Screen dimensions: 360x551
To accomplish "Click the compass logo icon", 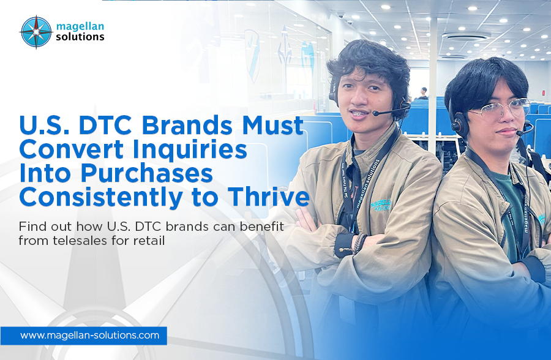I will [x=36, y=32].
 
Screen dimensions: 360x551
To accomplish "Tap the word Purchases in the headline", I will [x=143, y=174].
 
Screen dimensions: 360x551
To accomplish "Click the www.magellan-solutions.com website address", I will [x=89, y=336].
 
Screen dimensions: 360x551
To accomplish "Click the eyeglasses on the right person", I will [x=498, y=109].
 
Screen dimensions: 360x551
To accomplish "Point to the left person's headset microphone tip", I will [x=375, y=113].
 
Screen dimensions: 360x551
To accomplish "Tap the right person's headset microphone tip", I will [x=520, y=132].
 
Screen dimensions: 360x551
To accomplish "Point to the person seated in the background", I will [x=422, y=92].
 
